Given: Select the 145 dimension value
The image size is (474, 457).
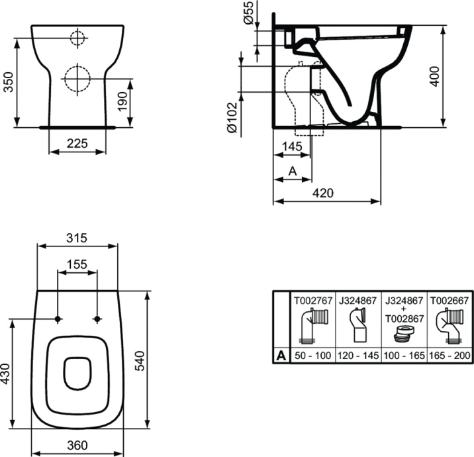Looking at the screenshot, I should pos(291,146).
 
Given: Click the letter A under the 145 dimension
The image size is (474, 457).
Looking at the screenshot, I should pos(291,170).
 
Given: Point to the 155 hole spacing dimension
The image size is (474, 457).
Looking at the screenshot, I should pos(77,264).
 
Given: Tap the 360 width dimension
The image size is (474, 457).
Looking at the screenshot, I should pos(77,444).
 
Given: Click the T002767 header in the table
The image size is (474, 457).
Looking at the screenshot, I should pos(312,300).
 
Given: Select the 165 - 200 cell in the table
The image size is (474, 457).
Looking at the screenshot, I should pos(450,356).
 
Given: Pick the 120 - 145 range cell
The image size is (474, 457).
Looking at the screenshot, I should pos(358,356).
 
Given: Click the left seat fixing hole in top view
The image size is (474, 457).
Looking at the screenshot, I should pos(58,319).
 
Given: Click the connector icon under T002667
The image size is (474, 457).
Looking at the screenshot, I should pos(450,327).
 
